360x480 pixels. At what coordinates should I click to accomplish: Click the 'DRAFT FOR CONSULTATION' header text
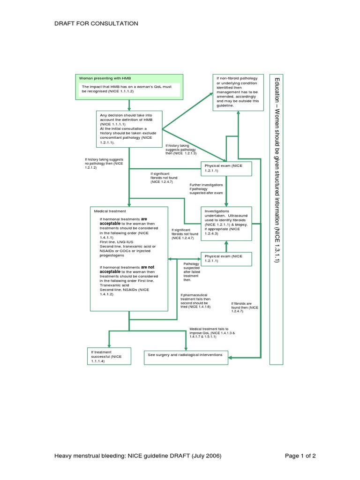(96, 23)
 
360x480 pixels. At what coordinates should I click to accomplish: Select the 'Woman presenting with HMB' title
(103, 77)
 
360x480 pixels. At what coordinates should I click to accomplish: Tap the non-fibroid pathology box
(238, 92)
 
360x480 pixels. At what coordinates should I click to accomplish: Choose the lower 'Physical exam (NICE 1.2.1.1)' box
(226, 258)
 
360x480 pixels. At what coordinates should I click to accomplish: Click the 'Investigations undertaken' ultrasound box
(226, 224)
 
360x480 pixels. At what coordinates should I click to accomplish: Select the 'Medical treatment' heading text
(110, 211)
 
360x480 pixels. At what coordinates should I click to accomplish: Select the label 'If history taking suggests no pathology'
(104, 163)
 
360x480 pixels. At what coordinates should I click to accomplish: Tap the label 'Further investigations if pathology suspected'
(206, 188)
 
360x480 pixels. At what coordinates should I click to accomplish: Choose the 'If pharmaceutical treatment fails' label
(196, 301)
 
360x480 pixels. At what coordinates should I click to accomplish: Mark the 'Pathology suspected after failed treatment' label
(192, 272)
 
